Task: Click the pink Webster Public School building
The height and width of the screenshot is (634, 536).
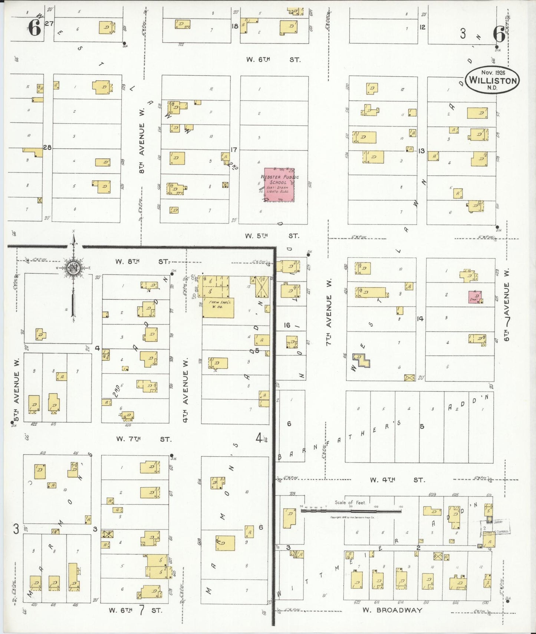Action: tap(279, 185)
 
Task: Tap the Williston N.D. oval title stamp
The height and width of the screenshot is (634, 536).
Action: tap(492, 80)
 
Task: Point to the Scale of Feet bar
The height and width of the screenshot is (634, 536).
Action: tap(351, 511)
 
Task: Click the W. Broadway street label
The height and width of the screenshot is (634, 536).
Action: tap(392, 610)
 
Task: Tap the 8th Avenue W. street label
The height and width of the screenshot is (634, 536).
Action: tap(142, 148)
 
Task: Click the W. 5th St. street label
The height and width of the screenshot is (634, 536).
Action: tap(272, 236)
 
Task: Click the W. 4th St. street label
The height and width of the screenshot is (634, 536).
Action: tap(397, 480)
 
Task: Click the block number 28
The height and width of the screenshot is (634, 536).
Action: tap(47, 147)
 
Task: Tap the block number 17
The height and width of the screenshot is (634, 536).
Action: tap(234, 150)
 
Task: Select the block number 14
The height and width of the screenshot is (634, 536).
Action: tap(420, 318)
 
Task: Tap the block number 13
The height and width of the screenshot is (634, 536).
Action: tap(421, 151)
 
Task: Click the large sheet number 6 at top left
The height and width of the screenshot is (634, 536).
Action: tap(34, 28)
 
